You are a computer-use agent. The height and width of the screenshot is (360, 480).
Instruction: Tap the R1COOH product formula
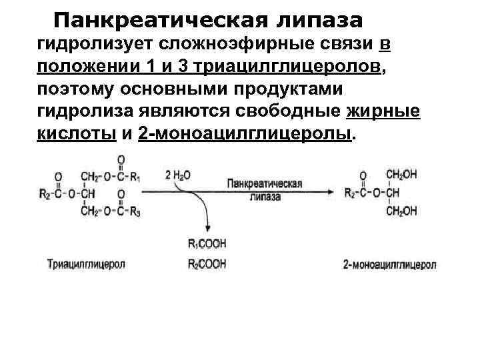(207, 243)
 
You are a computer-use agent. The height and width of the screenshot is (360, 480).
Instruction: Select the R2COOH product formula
(207, 265)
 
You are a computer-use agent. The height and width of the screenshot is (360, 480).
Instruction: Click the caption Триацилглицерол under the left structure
(86, 265)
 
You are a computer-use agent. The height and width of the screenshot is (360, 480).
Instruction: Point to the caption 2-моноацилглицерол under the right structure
(390, 265)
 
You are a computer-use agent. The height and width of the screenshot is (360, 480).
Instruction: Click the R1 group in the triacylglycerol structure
(136, 177)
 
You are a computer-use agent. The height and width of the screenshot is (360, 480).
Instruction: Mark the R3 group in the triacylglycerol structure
(136, 211)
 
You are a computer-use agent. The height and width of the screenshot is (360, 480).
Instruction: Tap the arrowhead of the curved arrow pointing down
(208, 229)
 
